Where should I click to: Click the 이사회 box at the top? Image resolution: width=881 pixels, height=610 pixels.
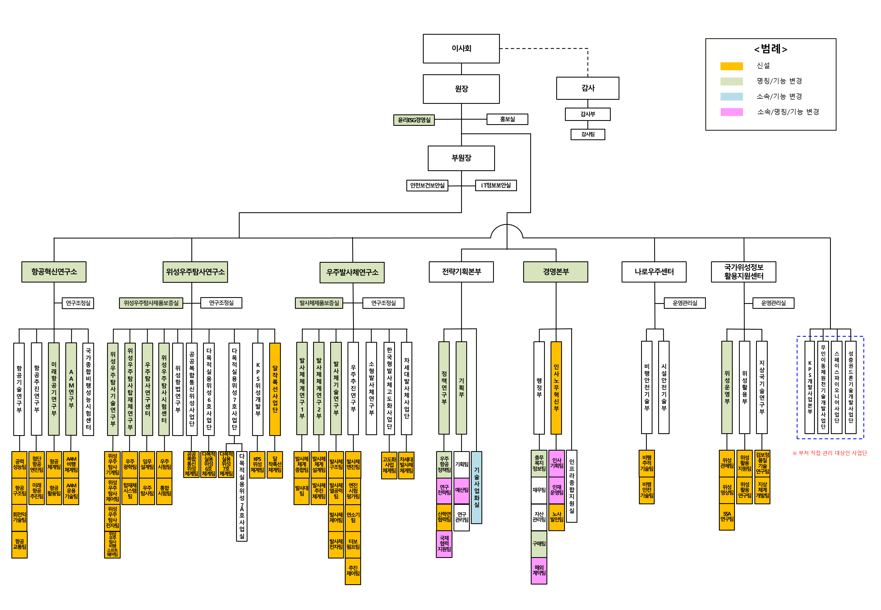461,49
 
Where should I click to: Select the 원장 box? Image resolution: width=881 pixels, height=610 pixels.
461,89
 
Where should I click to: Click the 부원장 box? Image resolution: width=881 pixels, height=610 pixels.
461,158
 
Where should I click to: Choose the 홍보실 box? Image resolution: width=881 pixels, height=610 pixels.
507,119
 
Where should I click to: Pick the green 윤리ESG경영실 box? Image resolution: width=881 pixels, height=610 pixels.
414,120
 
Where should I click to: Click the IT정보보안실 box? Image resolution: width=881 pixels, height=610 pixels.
496,185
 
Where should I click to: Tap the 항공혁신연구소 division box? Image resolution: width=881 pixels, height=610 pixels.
54,272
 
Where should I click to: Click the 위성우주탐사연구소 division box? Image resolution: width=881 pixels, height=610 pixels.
195,272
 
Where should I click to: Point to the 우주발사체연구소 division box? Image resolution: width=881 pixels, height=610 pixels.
352,272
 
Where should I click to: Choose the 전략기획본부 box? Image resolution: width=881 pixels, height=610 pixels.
461,272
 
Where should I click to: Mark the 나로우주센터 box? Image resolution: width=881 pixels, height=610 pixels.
653,272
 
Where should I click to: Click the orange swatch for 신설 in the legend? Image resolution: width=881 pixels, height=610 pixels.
731,66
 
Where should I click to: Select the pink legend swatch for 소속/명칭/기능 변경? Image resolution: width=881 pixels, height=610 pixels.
731,112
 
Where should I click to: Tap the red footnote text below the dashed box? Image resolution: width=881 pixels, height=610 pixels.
829,453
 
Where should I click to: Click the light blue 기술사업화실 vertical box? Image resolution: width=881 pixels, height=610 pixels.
476,487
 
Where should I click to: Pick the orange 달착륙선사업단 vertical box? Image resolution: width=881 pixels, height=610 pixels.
275,389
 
